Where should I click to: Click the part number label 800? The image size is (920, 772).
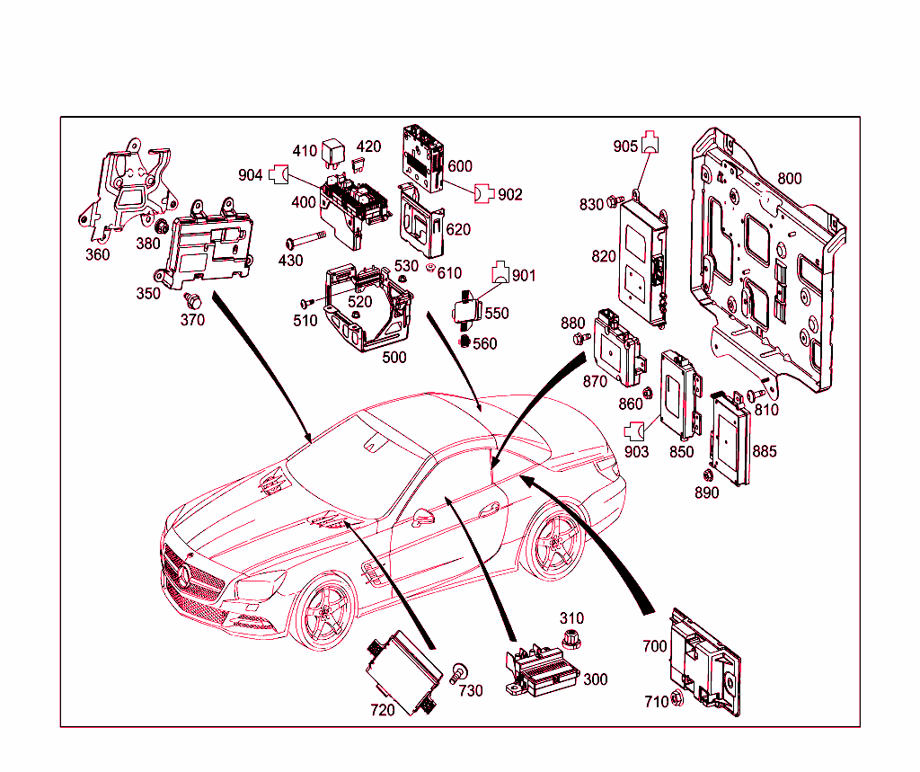point(789,179)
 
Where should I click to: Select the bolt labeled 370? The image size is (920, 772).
point(190,300)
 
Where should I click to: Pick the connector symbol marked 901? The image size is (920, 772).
point(500,273)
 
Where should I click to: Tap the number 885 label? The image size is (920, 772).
point(765,451)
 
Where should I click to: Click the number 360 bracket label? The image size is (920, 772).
point(97,254)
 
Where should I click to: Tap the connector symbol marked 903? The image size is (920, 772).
point(635,430)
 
